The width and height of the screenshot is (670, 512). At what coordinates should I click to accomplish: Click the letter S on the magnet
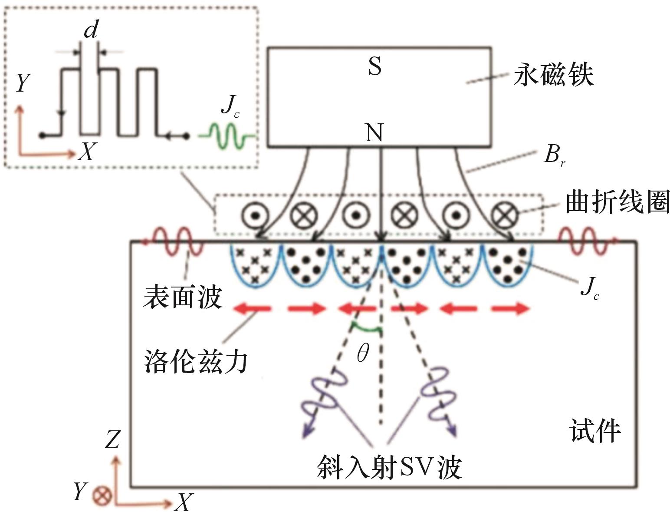[374, 66]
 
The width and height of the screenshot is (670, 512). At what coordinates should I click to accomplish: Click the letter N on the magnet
[374, 132]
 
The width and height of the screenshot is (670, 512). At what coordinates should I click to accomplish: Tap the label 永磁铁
[553, 74]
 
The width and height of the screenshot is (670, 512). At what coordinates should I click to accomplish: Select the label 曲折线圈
[617, 201]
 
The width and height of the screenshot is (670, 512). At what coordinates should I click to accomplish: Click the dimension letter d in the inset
[91, 30]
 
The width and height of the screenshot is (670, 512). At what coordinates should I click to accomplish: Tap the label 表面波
[183, 297]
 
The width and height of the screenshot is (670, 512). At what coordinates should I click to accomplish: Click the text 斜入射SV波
[389, 467]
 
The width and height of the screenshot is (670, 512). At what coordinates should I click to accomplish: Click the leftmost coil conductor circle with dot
[255, 216]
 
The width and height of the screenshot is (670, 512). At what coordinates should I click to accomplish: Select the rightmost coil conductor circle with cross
[505, 216]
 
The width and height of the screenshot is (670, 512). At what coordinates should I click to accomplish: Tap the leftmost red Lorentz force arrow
[252, 309]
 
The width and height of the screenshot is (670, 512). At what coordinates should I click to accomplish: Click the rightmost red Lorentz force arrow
[510, 309]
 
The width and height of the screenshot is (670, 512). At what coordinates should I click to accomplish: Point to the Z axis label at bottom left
[112, 439]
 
